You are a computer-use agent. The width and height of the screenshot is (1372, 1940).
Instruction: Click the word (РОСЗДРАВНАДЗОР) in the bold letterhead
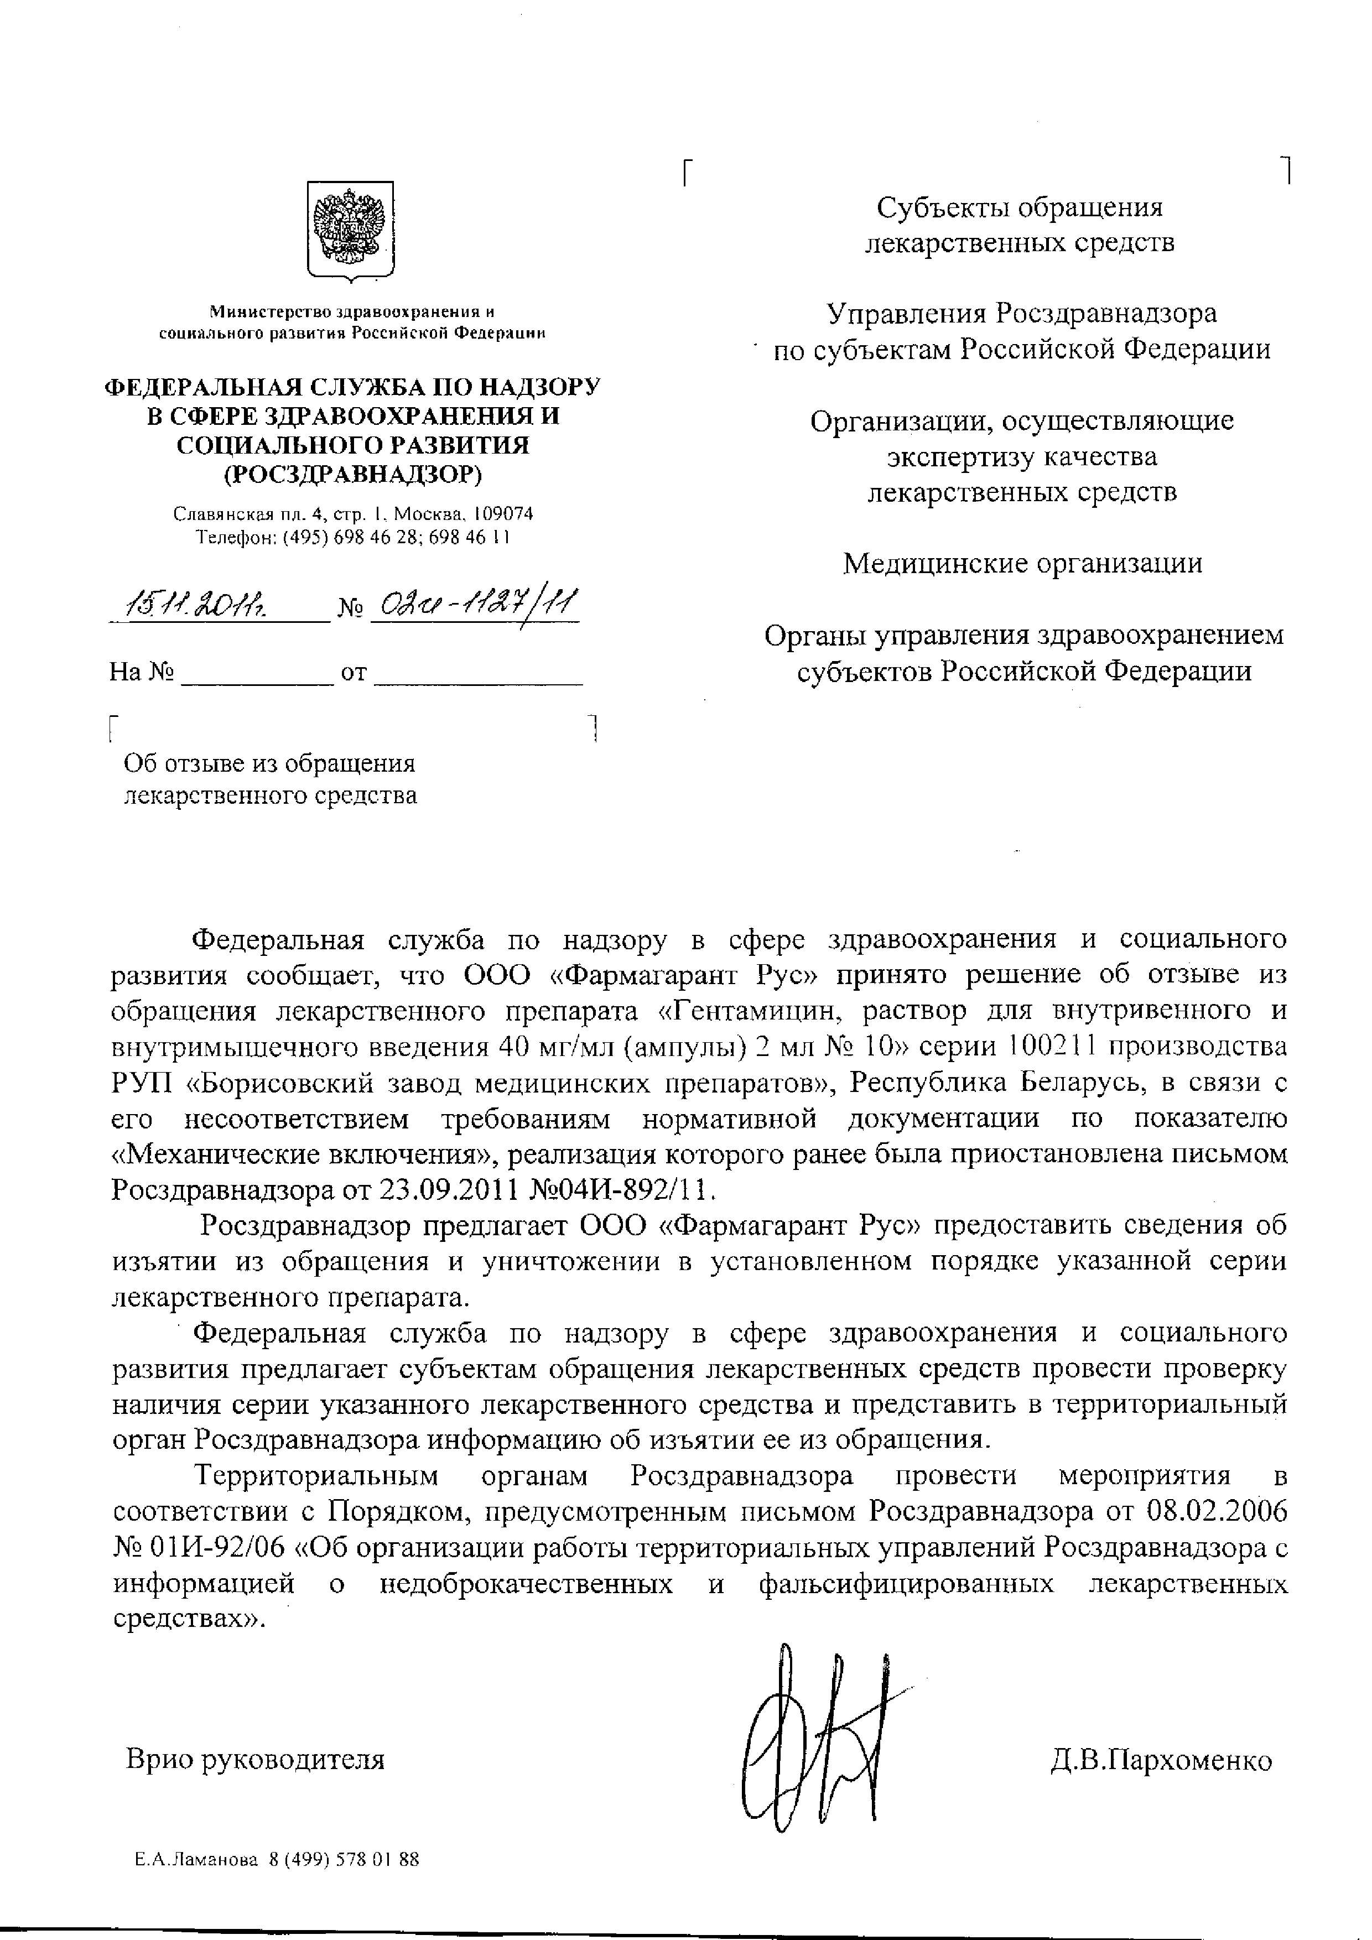352,475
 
